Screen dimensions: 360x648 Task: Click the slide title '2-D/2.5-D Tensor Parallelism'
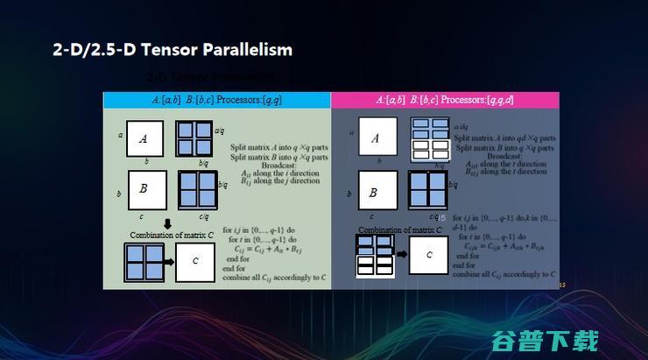click(x=172, y=50)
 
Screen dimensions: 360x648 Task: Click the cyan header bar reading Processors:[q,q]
click(x=216, y=100)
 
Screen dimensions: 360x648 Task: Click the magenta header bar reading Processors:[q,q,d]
click(x=445, y=100)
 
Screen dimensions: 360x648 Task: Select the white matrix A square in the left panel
click(x=144, y=138)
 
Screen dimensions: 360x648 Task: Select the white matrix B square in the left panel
click(x=147, y=189)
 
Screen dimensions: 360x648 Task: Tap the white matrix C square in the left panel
click(x=194, y=261)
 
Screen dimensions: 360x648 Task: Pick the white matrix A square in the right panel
click(x=376, y=138)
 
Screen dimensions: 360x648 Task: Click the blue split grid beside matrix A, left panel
click(x=194, y=138)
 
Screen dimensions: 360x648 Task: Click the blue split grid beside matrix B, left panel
click(x=198, y=189)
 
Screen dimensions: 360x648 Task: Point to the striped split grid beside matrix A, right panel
click(x=429, y=138)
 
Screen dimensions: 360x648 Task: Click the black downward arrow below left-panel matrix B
click(x=167, y=224)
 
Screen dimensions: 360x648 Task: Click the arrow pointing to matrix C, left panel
click(x=167, y=261)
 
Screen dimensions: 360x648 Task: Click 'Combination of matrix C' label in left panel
click(x=172, y=235)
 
